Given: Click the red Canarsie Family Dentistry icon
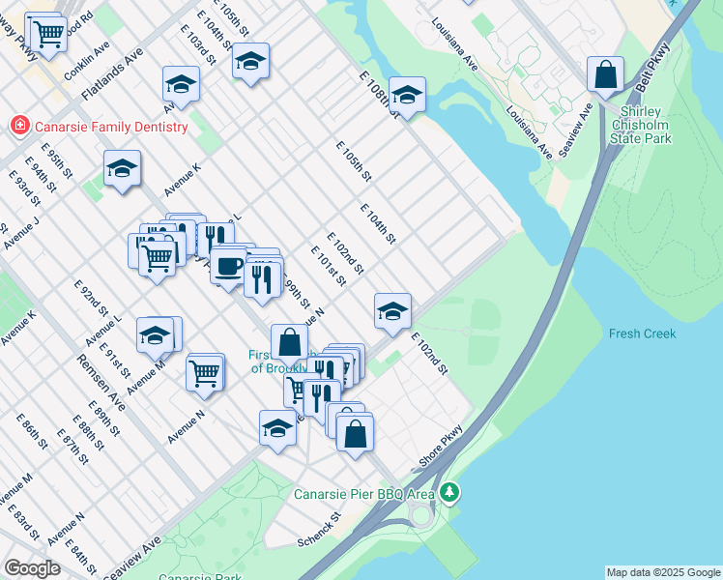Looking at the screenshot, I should point(18,126).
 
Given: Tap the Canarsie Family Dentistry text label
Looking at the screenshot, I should point(109,127).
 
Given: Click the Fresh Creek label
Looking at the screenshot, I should point(642,333).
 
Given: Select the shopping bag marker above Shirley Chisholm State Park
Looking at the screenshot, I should point(605,74).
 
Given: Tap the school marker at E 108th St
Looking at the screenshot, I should point(407,95).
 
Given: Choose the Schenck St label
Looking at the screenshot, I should point(320,527).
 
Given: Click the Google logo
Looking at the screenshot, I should point(32,568).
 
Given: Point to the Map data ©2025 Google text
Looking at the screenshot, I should point(662,572).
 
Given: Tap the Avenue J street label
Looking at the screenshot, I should point(20,233).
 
